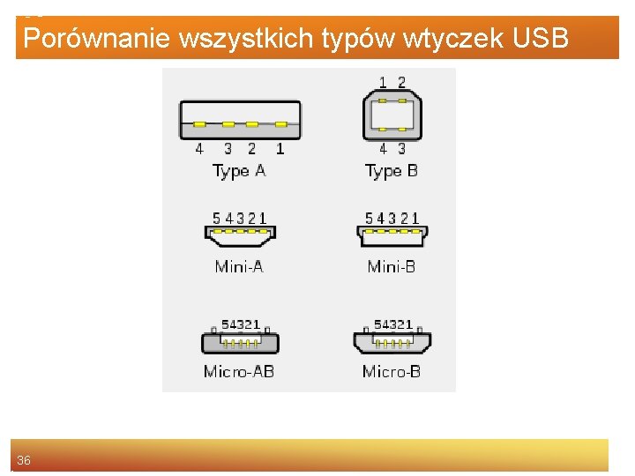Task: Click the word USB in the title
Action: (x=539, y=39)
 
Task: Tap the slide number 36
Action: (x=24, y=460)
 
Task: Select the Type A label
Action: (x=239, y=171)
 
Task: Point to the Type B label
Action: (x=392, y=171)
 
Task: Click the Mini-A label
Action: (x=239, y=265)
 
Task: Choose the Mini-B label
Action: (x=392, y=265)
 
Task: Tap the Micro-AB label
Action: (x=239, y=371)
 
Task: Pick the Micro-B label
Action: (x=392, y=371)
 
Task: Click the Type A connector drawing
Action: (x=240, y=121)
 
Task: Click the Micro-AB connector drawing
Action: (x=240, y=341)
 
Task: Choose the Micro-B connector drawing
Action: (x=392, y=341)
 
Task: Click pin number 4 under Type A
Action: (x=199, y=149)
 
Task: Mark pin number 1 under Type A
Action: (x=280, y=149)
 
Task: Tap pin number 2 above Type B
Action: (x=402, y=82)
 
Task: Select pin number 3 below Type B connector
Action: (x=402, y=149)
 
